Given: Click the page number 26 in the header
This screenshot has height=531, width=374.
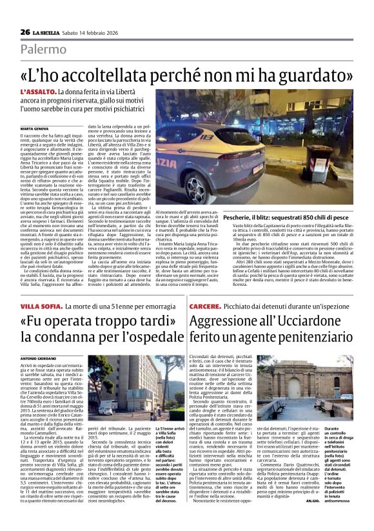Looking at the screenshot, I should coord(25,32).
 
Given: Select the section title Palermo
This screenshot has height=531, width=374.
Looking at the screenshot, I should coord(42,49).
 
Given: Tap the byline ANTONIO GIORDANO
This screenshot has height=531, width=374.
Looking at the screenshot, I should coord(38,358).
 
